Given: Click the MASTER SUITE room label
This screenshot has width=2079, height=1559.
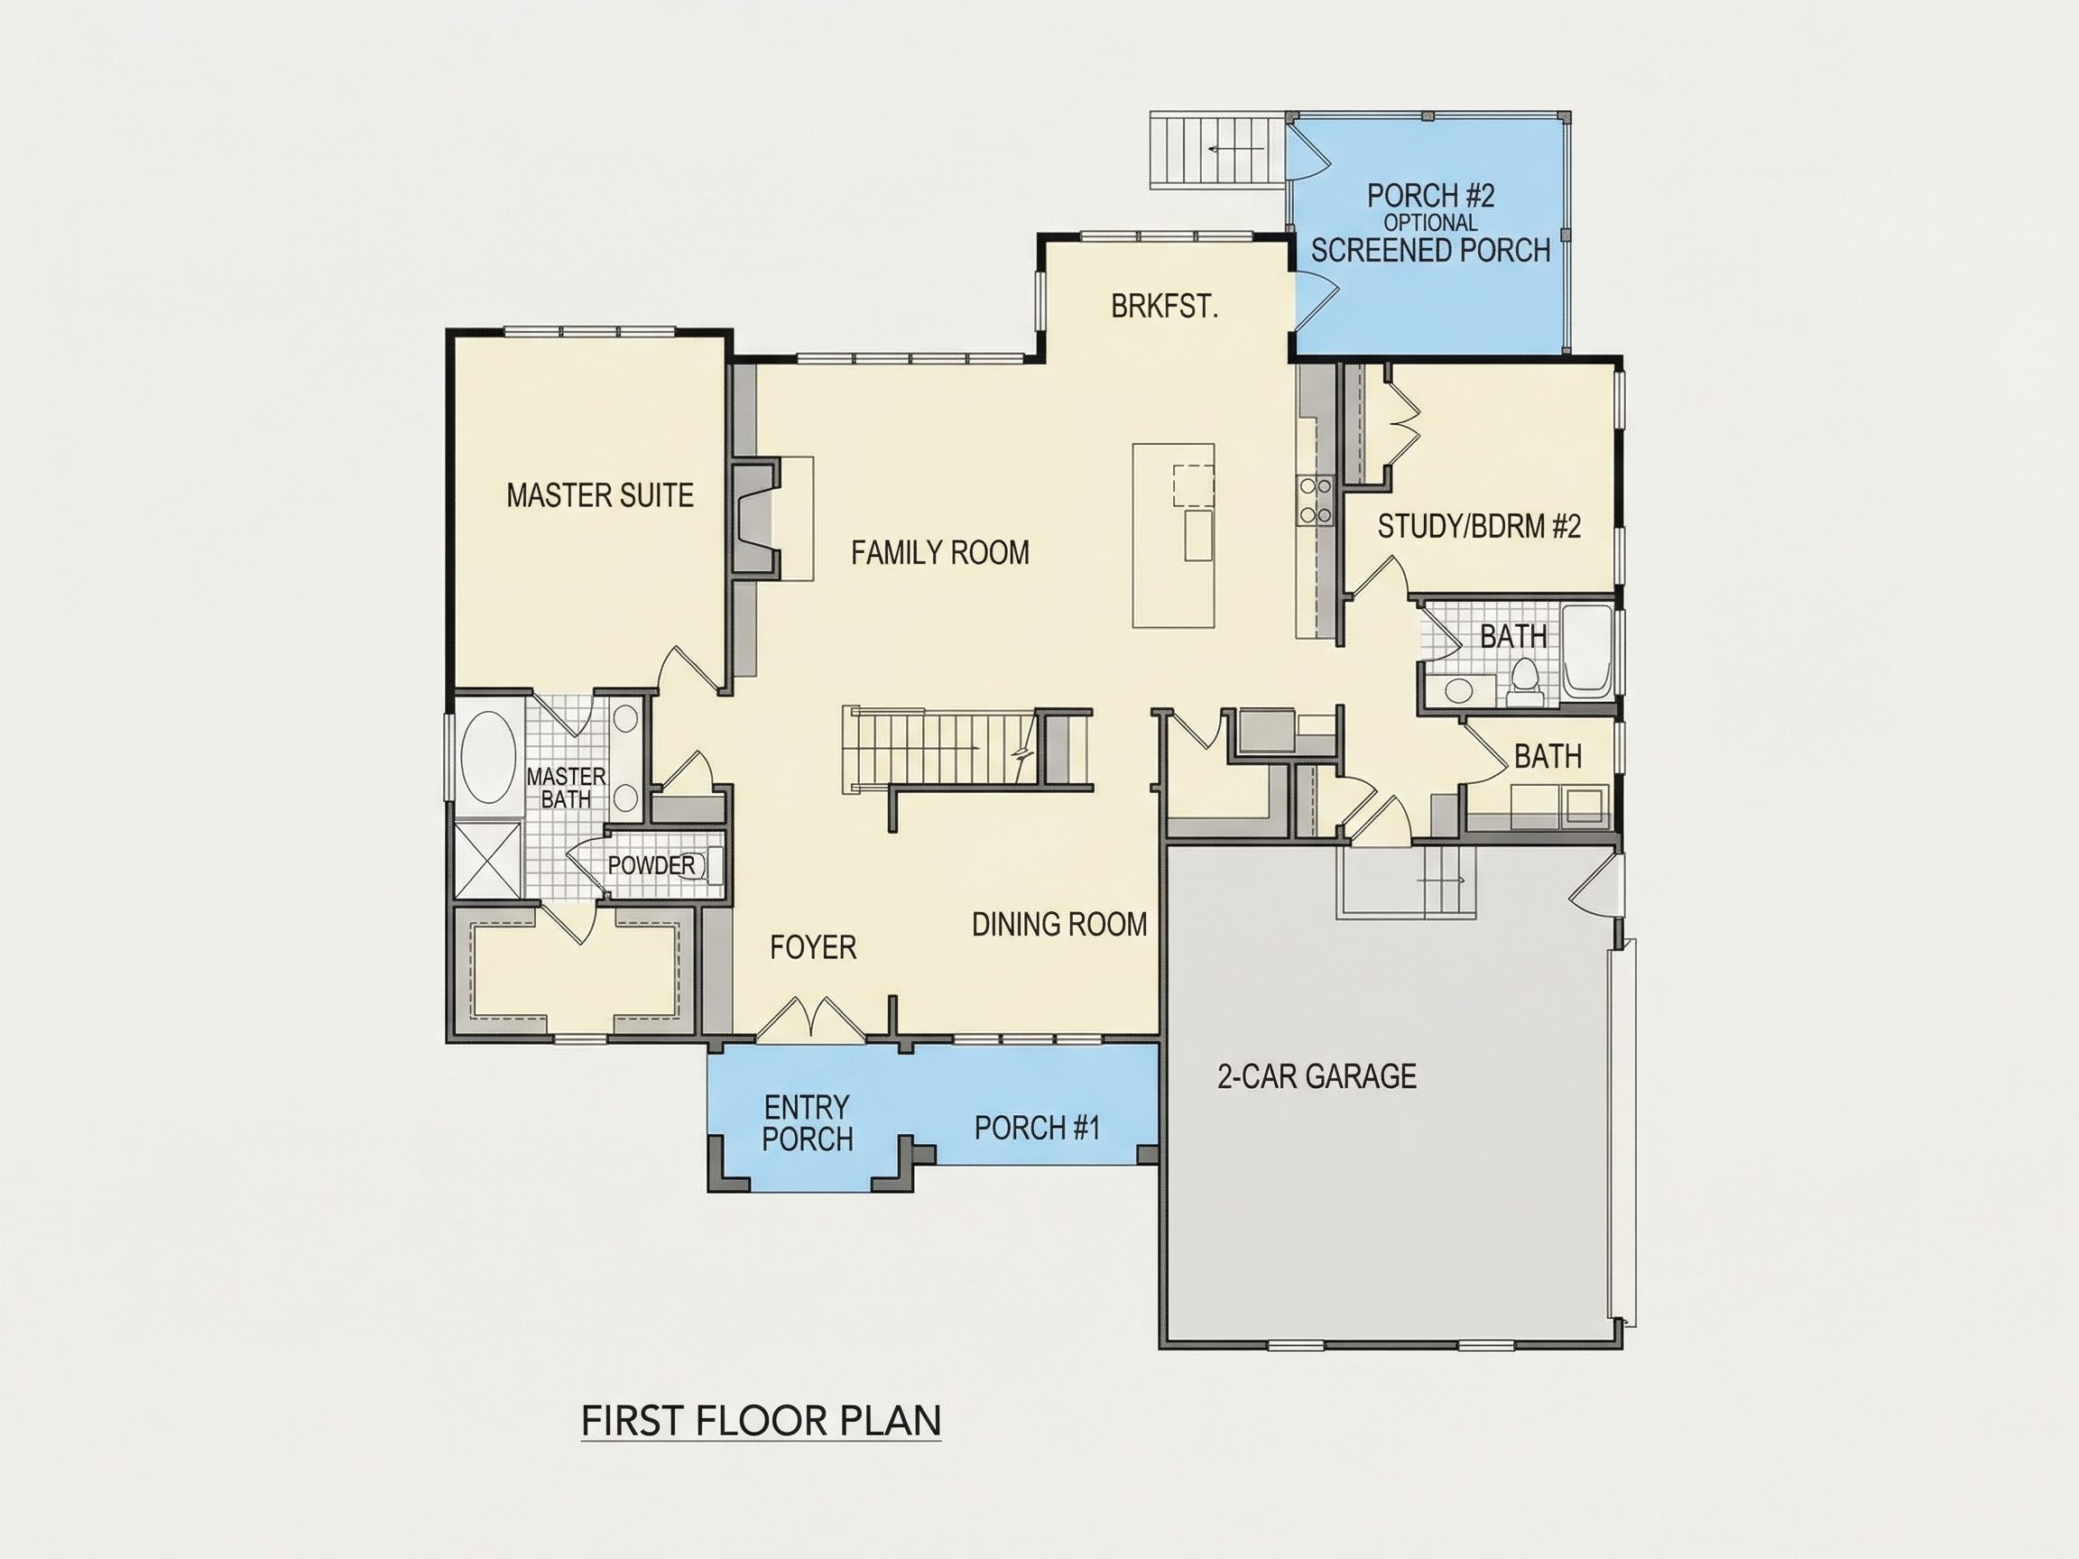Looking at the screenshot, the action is click(600, 495).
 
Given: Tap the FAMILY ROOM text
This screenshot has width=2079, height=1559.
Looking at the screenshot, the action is click(940, 552).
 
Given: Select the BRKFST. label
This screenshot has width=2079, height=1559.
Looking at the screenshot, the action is click(1165, 307).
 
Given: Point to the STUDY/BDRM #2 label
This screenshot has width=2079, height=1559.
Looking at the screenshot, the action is click(1479, 526).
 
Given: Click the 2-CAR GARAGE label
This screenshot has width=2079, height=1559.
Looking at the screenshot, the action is click(1317, 1076).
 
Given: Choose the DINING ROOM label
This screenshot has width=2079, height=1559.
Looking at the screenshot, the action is click(1059, 925).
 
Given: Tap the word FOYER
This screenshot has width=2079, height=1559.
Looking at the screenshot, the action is click(813, 947).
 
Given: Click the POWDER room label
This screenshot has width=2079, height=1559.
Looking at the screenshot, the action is click(651, 864).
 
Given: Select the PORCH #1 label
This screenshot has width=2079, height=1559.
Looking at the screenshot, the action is click(1037, 1128).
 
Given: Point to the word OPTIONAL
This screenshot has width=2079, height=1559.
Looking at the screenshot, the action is click(1430, 223).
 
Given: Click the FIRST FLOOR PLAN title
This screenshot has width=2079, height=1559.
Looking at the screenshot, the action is click(762, 1421).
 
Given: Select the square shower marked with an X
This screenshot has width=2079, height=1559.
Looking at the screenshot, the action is click(487, 860).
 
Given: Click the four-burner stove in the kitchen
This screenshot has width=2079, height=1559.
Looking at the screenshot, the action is click(1315, 500).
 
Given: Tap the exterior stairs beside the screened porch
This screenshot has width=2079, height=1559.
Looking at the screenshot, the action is click(1218, 151).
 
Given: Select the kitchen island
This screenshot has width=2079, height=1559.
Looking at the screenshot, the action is click(1173, 536).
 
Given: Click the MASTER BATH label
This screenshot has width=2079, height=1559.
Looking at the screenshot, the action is click(566, 788).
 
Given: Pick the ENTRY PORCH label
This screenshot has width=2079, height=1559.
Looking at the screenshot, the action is click(808, 1122).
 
